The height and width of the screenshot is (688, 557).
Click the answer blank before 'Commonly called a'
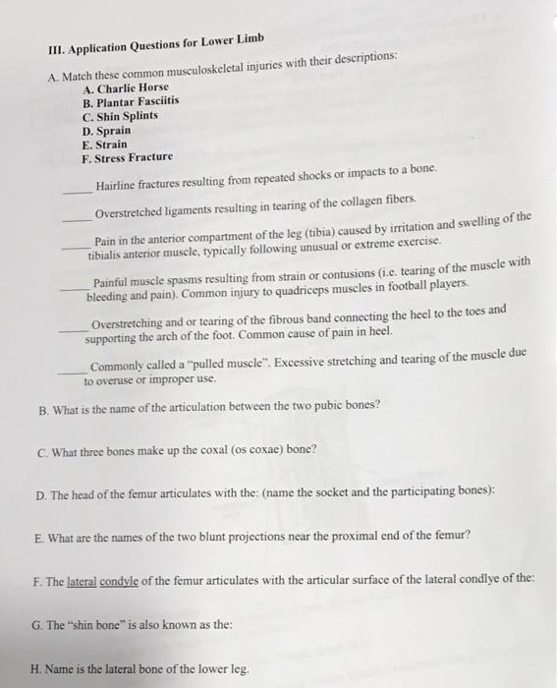tap(71, 371)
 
